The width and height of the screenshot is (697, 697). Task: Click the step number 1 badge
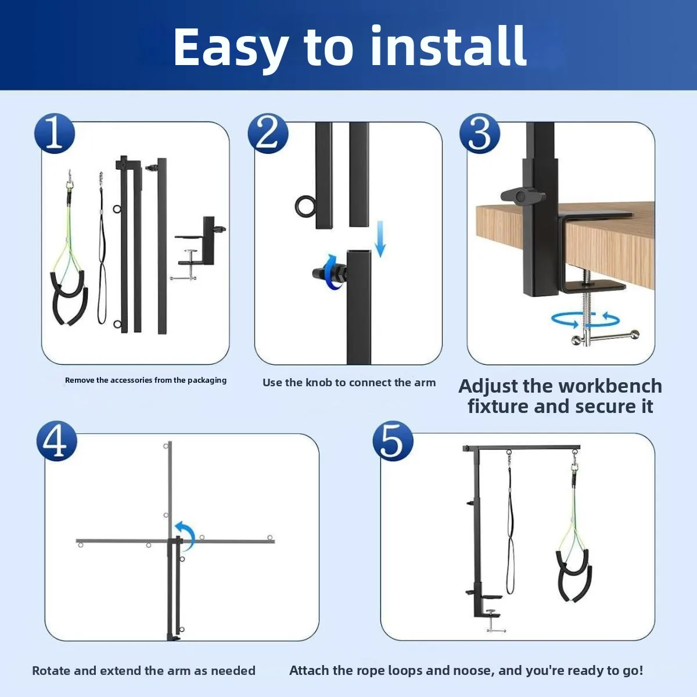coord(55,134)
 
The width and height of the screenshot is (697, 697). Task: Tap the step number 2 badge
coord(268,134)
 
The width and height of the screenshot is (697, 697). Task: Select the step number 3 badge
coord(480,134)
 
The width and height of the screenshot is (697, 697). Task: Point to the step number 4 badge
coord(57,441)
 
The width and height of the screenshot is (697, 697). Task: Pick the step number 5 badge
coord(393,441)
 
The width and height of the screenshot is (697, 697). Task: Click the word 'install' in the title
coord(448,46)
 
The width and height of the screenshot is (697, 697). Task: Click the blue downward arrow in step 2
coord(380,239)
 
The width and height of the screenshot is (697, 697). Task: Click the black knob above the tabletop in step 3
coord(519,196)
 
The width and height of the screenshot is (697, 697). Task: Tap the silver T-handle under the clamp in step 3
coord(604,337)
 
